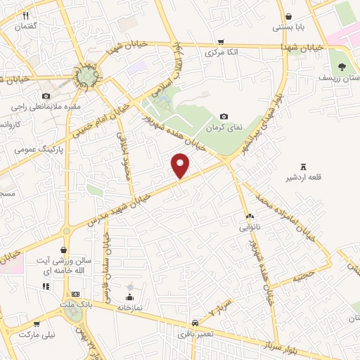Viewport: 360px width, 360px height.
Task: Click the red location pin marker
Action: pos(181,165)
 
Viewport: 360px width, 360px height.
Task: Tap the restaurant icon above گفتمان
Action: pos(26,15)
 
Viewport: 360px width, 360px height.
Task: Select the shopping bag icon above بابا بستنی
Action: pos(288,18)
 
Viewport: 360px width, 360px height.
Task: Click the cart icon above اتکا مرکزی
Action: pos(221,41)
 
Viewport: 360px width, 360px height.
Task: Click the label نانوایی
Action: pos(250,226)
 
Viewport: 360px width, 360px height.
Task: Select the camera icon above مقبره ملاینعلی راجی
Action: pos(46,96)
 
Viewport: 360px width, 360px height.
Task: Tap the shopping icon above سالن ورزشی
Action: pos(64,250)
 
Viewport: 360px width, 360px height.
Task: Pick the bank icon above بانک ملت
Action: pos(76,293)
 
